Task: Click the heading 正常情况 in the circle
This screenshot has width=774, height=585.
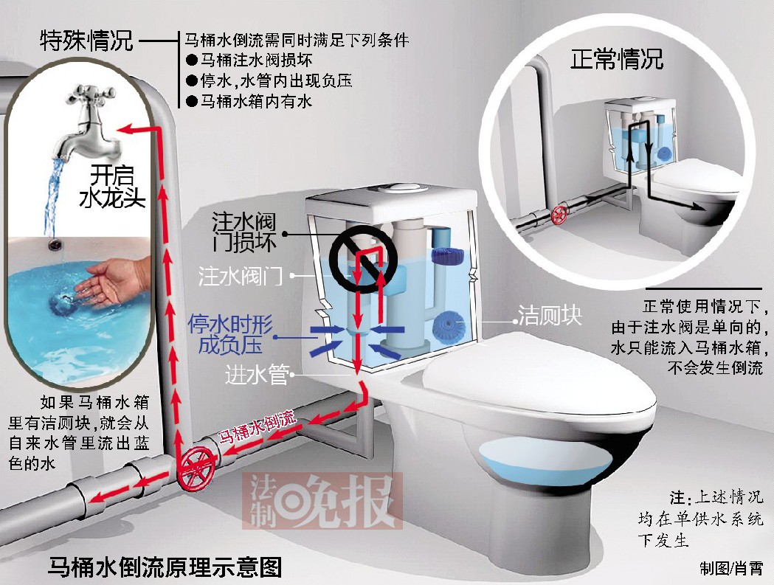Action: [617, 58]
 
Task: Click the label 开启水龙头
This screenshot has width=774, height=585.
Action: [112, 186]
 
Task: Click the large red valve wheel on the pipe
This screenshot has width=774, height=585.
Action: [196, 468]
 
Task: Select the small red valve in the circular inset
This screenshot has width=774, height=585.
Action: [559, 215]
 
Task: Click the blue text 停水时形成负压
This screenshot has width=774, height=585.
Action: [229, 334]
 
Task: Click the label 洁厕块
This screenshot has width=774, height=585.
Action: [550, 315]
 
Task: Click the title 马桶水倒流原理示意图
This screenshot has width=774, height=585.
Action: [165, 567]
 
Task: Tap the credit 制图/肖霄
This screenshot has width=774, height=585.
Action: [731, 568]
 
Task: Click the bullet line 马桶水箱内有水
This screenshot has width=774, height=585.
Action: [249, 102]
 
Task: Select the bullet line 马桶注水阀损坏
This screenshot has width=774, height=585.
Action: [249, 60]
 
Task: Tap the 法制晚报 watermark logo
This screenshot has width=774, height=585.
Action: [322, 501]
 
